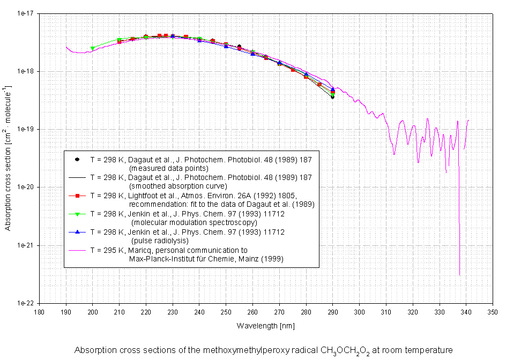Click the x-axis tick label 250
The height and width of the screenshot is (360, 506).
(x=226, y=311)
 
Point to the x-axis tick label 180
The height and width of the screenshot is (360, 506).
(x=39, y=311)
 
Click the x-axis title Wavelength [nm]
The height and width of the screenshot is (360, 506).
(x=265, y=325)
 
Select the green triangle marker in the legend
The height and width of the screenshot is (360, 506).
(x=77, y=214)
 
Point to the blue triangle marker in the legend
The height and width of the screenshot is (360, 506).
(x=77, y=232)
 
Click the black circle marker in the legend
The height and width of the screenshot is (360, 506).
(x=77, y=159)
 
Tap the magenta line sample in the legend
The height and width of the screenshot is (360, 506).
(x=77, y=250)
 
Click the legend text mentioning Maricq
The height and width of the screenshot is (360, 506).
(x=188, y=250)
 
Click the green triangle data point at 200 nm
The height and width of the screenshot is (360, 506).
(x=92, y=48)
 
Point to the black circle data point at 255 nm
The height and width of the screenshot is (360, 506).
(x=239, y=47)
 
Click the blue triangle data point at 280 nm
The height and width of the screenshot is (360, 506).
(x=306, y=74)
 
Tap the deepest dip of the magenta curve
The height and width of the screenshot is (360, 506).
(x=459, y=275)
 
